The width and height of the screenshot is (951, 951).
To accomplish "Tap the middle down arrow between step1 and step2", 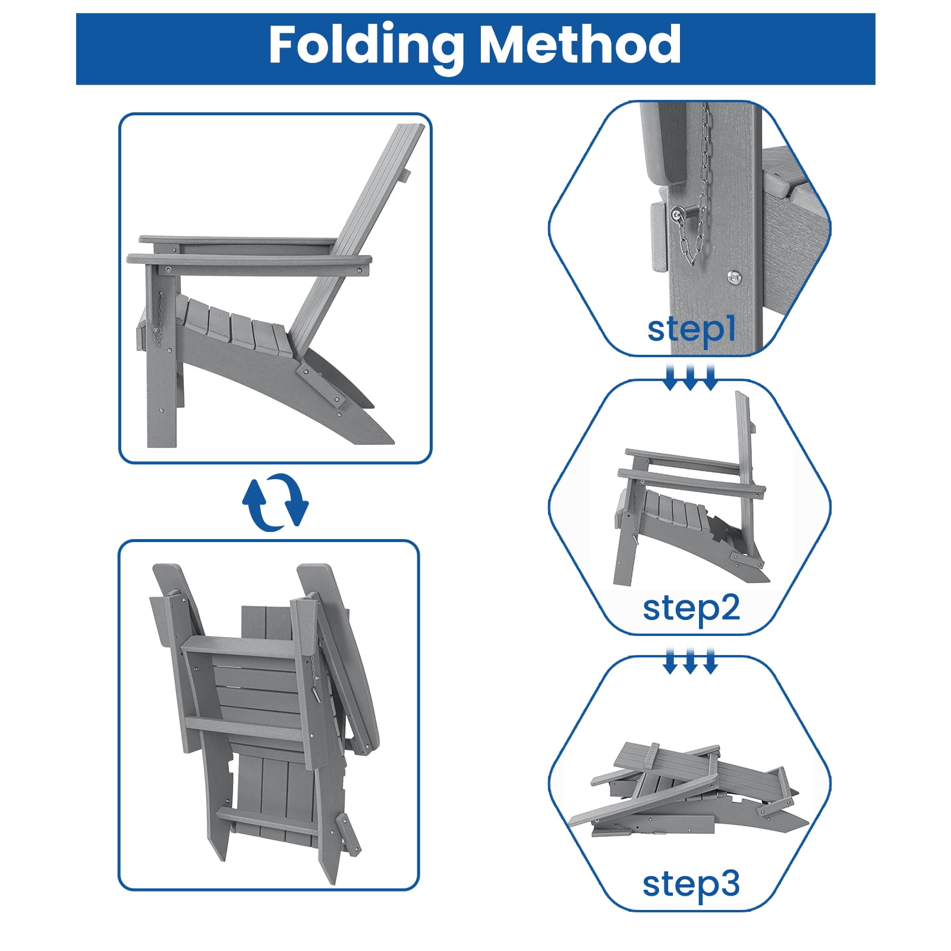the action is tap(690, 379).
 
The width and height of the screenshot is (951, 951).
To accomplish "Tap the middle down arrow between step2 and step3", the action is tap(690, 662).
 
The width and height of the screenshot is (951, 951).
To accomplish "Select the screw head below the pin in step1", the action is tap(735, 276).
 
